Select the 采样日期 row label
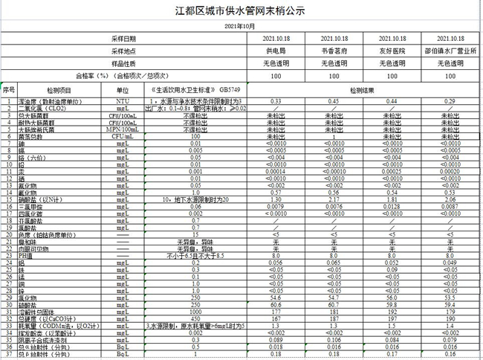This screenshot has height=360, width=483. tap(124, 38)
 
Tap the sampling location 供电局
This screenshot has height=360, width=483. tap(275, 51)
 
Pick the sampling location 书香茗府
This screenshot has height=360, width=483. tap(334, 51)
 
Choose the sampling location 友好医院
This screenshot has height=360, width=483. tap(392, 51)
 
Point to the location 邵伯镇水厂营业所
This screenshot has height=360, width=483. tap(450, 51)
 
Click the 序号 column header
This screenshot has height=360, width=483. tap(9, 89)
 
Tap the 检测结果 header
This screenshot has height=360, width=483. tap(363, 89)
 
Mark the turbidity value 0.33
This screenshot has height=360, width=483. tap(275, 100)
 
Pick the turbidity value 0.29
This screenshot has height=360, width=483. tap(450, 100)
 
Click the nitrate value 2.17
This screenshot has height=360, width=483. tap(334, 200)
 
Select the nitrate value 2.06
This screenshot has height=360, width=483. tap(450, 200)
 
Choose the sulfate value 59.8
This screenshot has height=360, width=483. tap(392, 303)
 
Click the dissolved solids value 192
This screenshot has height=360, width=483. tap(392, 311)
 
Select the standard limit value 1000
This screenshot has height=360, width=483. tap(196, 311)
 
